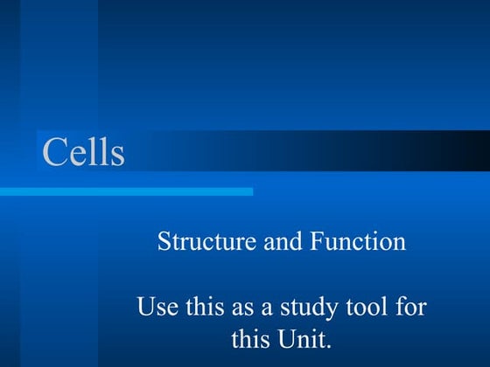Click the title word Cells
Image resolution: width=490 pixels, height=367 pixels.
83,152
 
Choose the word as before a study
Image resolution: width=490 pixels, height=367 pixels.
237,308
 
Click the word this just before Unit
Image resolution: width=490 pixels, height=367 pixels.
251,337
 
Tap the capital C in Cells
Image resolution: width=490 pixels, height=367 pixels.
54,152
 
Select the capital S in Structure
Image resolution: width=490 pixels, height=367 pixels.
164,241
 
